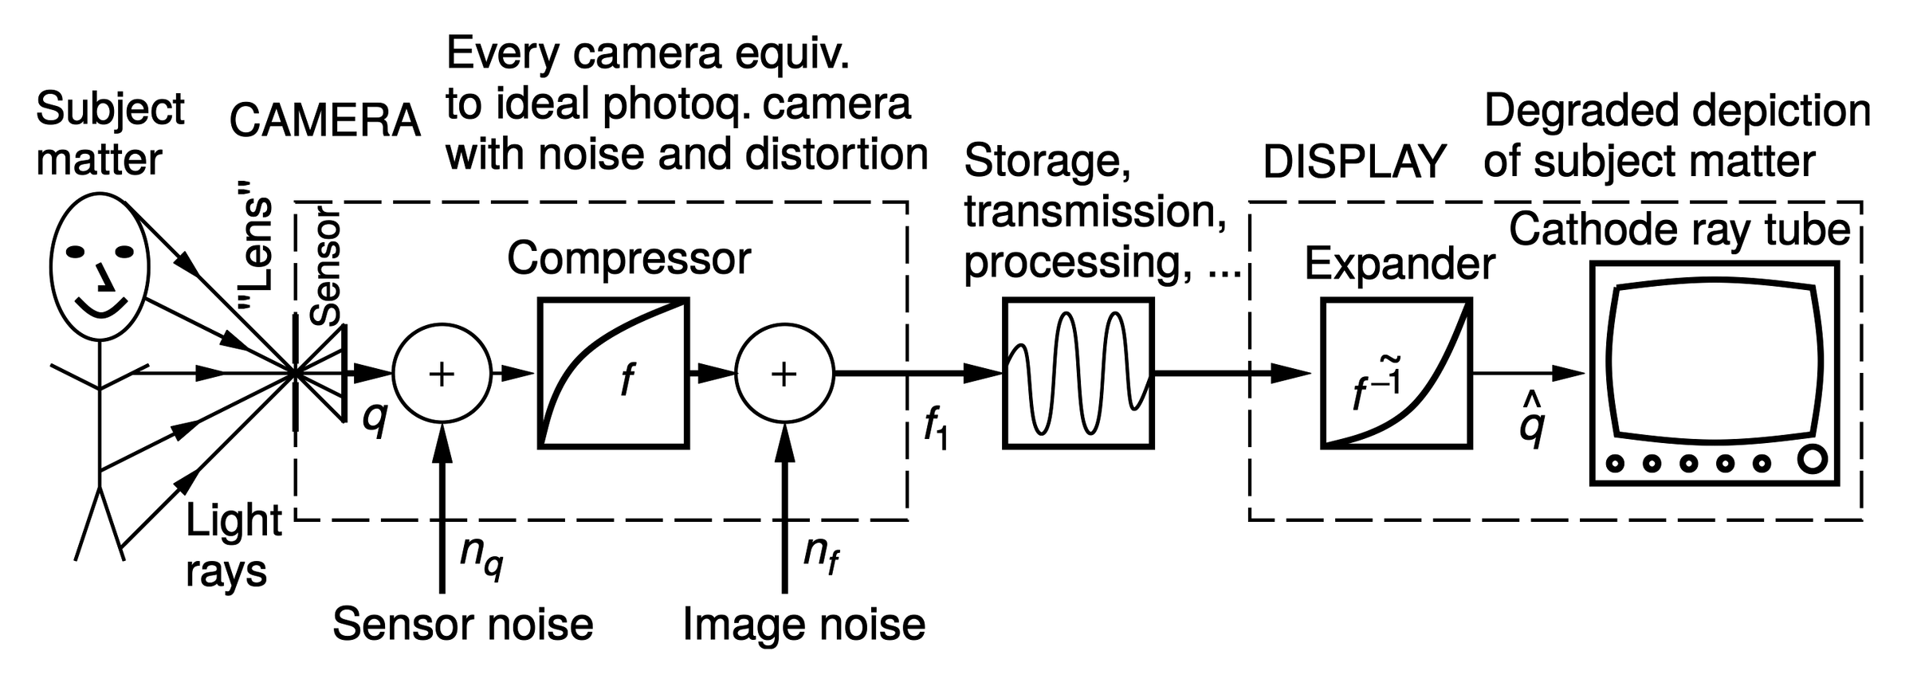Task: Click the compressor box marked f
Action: (613, 373)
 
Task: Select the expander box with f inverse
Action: (1396, 373)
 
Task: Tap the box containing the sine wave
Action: (1078, 373)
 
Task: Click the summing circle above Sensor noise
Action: (442, 373)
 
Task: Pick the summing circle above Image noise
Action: (784, 373)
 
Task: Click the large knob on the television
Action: (1812, 460)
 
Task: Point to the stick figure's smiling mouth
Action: (101, 308)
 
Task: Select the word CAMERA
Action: (324, 121)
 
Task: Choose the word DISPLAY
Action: (1354, 162)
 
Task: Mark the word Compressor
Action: (629, 258)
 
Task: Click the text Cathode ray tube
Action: (1679, 230)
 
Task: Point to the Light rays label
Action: (232, 547)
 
